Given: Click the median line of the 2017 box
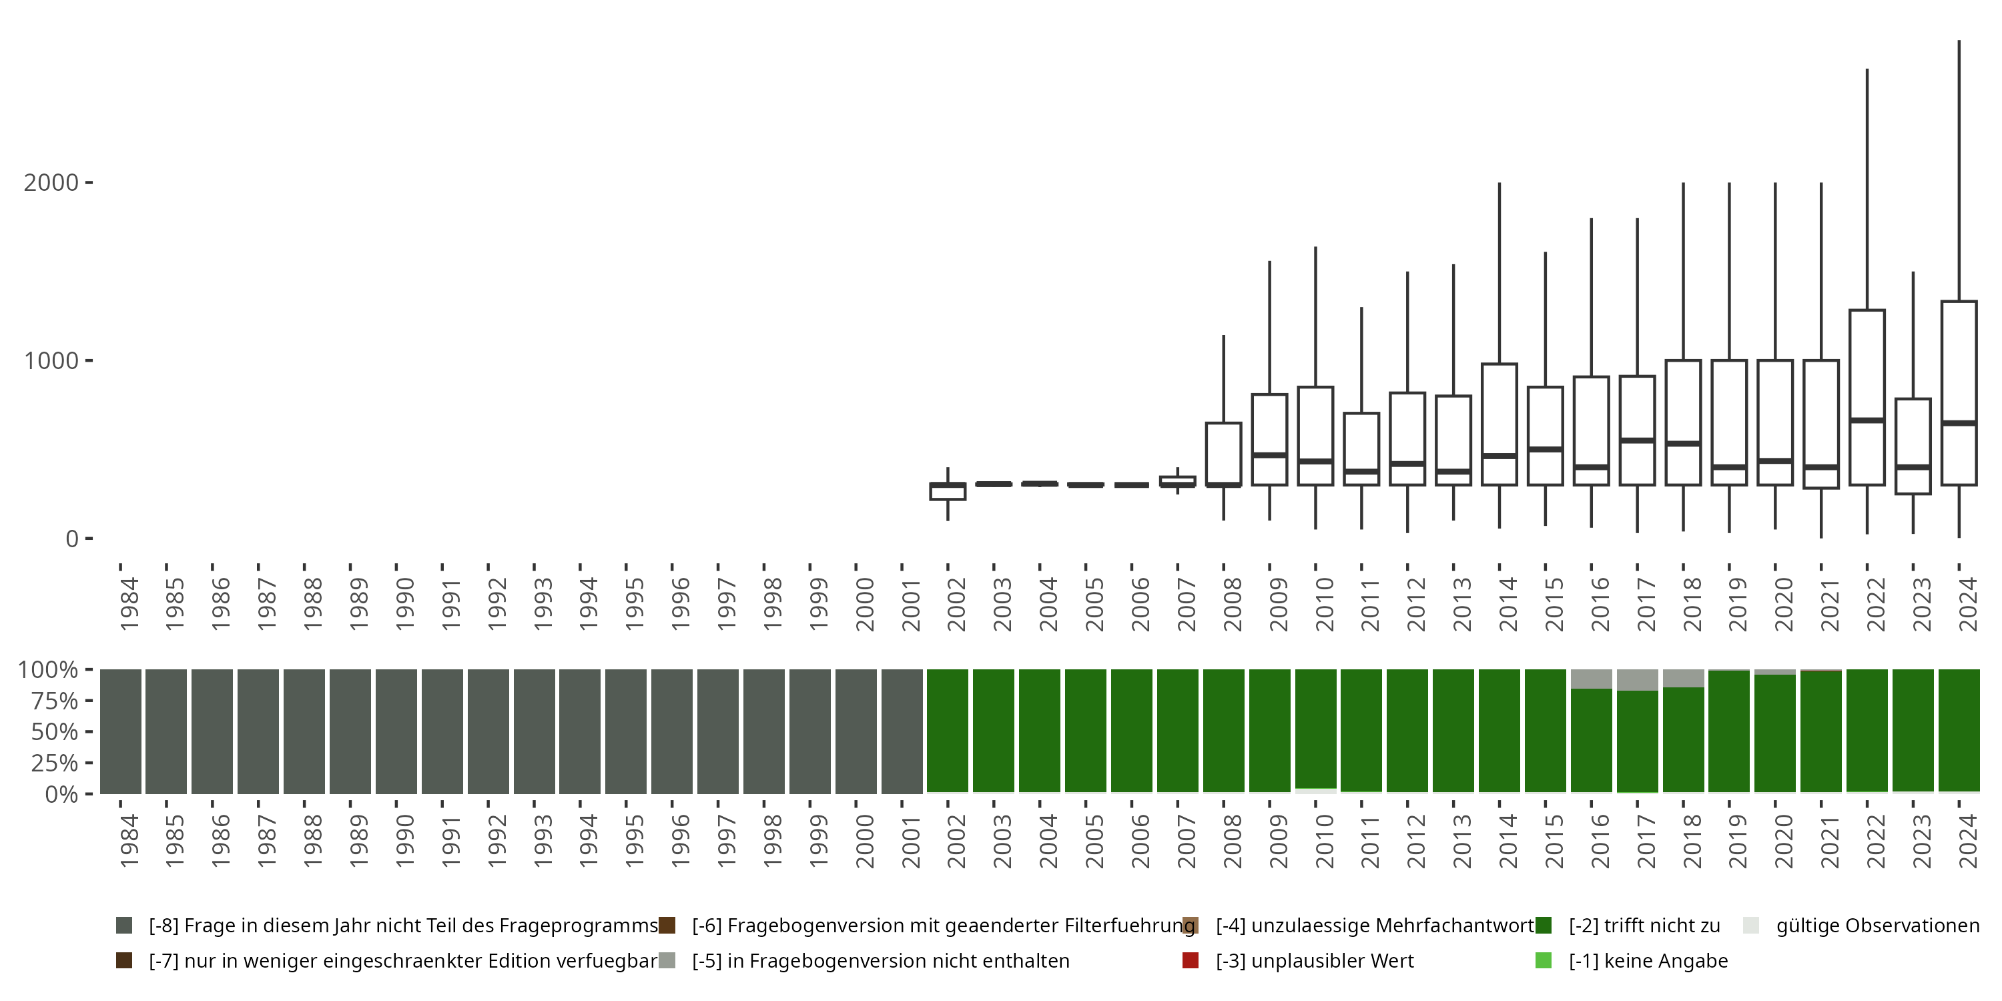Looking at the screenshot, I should pyautogui.click(x=1638, y=440).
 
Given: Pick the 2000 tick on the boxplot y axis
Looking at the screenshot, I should pyautogui.click(x=51, y=183).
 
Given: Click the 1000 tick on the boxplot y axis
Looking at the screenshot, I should pyautogui.click(x=51, y=360).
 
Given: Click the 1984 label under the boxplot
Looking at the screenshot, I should pyautogui.click(x=129, y=604).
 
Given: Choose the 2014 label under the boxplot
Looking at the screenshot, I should pyautogui.click(x=1508, y=604).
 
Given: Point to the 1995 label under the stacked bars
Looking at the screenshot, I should pyautogui.click(x=634, y=841).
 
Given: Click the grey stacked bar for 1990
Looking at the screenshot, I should pyautogui.click(x=396, y=731).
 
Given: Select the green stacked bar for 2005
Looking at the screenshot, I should pyautogui.click(x=1086, y=731).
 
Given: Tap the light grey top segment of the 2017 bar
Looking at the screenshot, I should pyautogui.click(x=1638, y=680).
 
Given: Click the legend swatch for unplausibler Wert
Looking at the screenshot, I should pyautogui.click(x=1190, y=960).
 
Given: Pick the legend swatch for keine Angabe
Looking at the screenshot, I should pyautogui.click(x=1543, y=960).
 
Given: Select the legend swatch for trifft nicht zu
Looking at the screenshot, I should pyautogui.click(x=1543, y=926).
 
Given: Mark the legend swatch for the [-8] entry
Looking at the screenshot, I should pyautogui.click(x=123, y=926).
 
